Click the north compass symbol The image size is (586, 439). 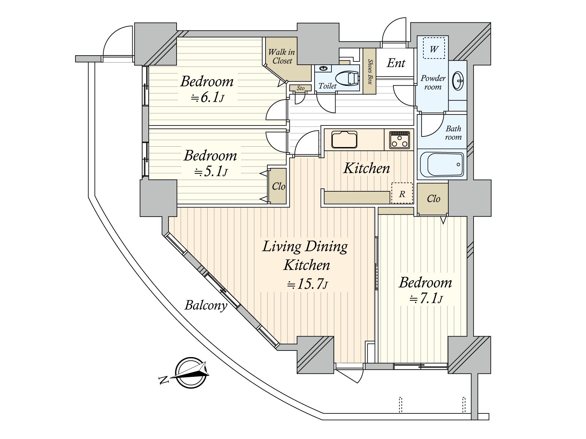pos(190,372)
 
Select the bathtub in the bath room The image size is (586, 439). pos(442,164)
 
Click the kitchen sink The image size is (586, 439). pos(344,139)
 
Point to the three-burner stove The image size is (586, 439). pos(399,140)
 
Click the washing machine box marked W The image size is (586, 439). pos(434,48)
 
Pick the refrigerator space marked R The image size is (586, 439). pos(402,193)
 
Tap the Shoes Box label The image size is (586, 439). pos(370,71)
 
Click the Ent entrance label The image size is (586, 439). pos(396,63)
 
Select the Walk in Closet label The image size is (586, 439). pos(282,56)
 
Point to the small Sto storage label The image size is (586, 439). pos(301,88)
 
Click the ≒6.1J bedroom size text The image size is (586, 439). pos(207,98)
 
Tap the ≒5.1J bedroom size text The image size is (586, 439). pos(211,172)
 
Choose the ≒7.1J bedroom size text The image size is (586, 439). pos(426,299)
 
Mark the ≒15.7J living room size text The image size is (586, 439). pos(307,284)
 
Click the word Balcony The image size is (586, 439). pos(206,305)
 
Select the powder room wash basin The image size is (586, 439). pos(458,80)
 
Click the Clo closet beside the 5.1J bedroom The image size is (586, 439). pos(278,186)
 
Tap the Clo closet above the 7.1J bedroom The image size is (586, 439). pos(433,199)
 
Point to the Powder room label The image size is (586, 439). pos(433,82)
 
